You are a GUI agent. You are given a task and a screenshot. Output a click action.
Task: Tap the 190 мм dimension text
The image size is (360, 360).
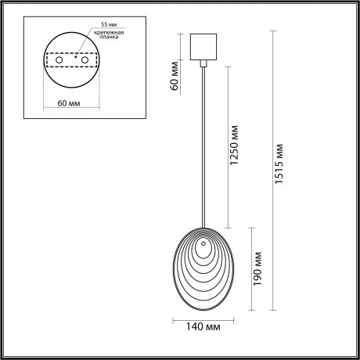(x=260, y=267)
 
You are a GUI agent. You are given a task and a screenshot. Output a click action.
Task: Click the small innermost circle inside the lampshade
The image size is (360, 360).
(x=204, y=252)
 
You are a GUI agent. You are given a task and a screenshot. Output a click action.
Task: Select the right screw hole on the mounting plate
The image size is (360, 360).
(x=88, y=59)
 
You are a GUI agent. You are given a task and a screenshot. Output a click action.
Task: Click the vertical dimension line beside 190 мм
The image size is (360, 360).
(x=250, y=269)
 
